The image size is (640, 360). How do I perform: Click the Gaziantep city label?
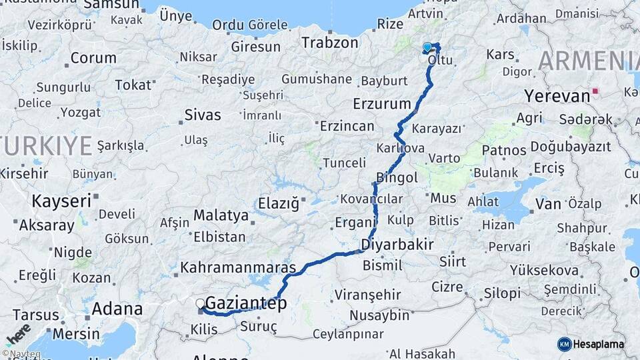point(246,304)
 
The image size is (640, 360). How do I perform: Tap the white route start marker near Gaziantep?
point(200,304)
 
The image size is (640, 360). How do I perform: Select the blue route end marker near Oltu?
point(427,47)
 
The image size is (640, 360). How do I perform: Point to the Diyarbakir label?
point(397,244)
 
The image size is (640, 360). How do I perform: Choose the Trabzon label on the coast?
point(329,43)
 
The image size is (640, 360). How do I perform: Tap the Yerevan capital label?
point(557,95)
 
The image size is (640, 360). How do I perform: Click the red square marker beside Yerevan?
point(595,91)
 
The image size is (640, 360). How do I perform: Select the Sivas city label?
point(203,115)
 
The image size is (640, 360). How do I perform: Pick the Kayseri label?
point(62,200)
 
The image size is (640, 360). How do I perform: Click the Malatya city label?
point(221,215)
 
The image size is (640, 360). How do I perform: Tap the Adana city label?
point(117,309)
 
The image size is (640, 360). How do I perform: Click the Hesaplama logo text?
point(599,344)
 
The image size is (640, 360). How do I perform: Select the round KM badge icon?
point(564,344)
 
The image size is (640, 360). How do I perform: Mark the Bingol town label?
point(397,177)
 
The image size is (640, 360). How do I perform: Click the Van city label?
point(548,203)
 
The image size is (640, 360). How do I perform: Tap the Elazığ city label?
point(279,203)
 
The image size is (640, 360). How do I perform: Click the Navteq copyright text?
point(21,354)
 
